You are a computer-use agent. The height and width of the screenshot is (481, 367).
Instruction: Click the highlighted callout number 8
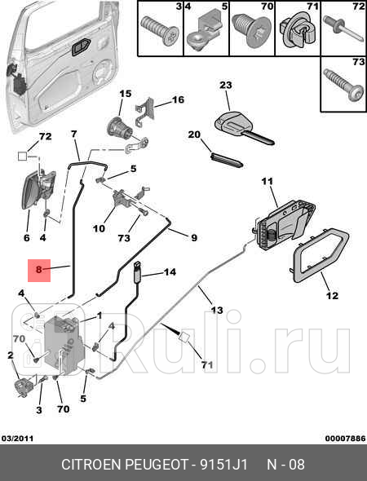click(x=38, y=270)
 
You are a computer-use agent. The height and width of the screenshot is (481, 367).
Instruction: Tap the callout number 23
click(x=226, y=85)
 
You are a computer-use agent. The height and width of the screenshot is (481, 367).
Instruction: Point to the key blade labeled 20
click(x=227, y=160)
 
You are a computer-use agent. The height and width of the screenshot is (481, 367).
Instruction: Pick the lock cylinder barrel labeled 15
click(x=119, y=126)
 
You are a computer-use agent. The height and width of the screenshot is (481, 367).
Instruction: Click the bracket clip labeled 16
click(x=145, y=113)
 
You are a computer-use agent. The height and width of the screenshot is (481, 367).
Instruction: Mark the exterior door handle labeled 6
click(x=37, y=189)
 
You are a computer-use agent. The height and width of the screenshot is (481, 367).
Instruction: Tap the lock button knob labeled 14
click(x=138, y=271)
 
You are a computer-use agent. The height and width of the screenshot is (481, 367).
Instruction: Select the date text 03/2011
click(x=17, y=439)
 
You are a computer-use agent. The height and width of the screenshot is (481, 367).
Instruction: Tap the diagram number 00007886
click(x=346, y=439)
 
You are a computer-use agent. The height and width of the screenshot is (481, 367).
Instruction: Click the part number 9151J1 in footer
click(x=223, y=465)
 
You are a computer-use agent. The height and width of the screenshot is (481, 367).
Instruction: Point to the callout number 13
click(x=217, y=310)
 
